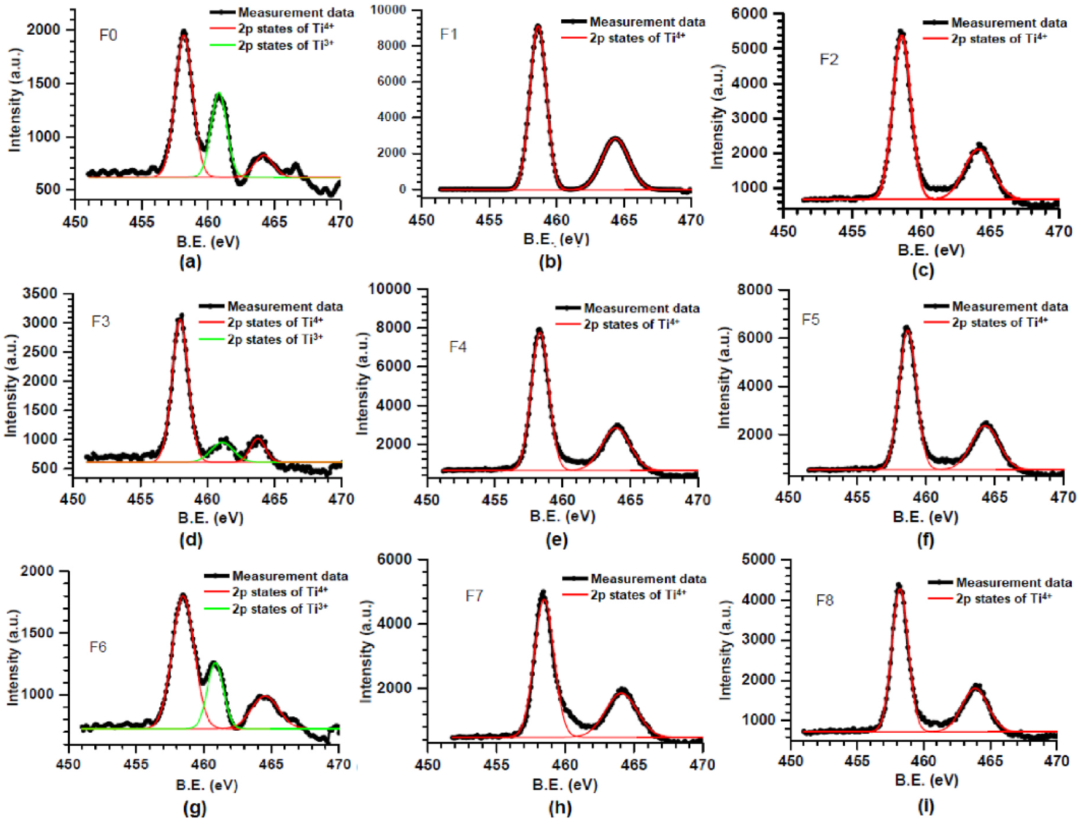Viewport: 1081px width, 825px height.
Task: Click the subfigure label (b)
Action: pos(550,262)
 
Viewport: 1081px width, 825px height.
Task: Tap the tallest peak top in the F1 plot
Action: pos(538,26)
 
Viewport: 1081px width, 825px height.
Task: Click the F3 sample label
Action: pos(101,322)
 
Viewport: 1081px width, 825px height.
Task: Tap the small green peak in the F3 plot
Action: pos(223,443)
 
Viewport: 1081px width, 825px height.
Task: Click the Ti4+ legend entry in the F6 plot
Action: pos(280,592)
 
